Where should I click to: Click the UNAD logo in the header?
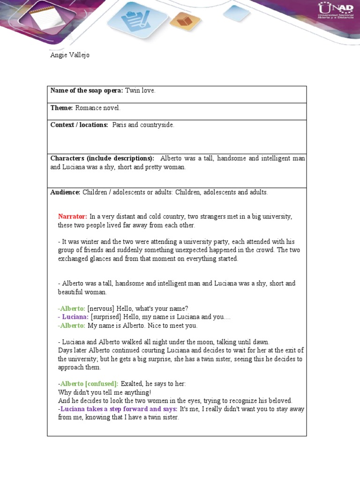point(335,13)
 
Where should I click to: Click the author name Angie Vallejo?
point(70,55)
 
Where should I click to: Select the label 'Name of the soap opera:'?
point(87,90)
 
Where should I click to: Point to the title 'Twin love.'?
point(140,90)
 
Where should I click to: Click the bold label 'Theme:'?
point(61,108)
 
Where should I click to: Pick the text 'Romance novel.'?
point(97,108)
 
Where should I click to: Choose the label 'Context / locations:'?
point(79,125)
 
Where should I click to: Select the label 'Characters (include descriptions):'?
point(102,158)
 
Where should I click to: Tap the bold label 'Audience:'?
point(66,192)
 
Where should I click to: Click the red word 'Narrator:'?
point(73,217)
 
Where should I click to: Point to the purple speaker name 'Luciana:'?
point(75,317)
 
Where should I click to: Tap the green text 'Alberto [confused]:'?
point(89,384)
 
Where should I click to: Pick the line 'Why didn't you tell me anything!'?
point(105,392)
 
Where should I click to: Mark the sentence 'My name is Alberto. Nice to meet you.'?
point(142,326)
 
